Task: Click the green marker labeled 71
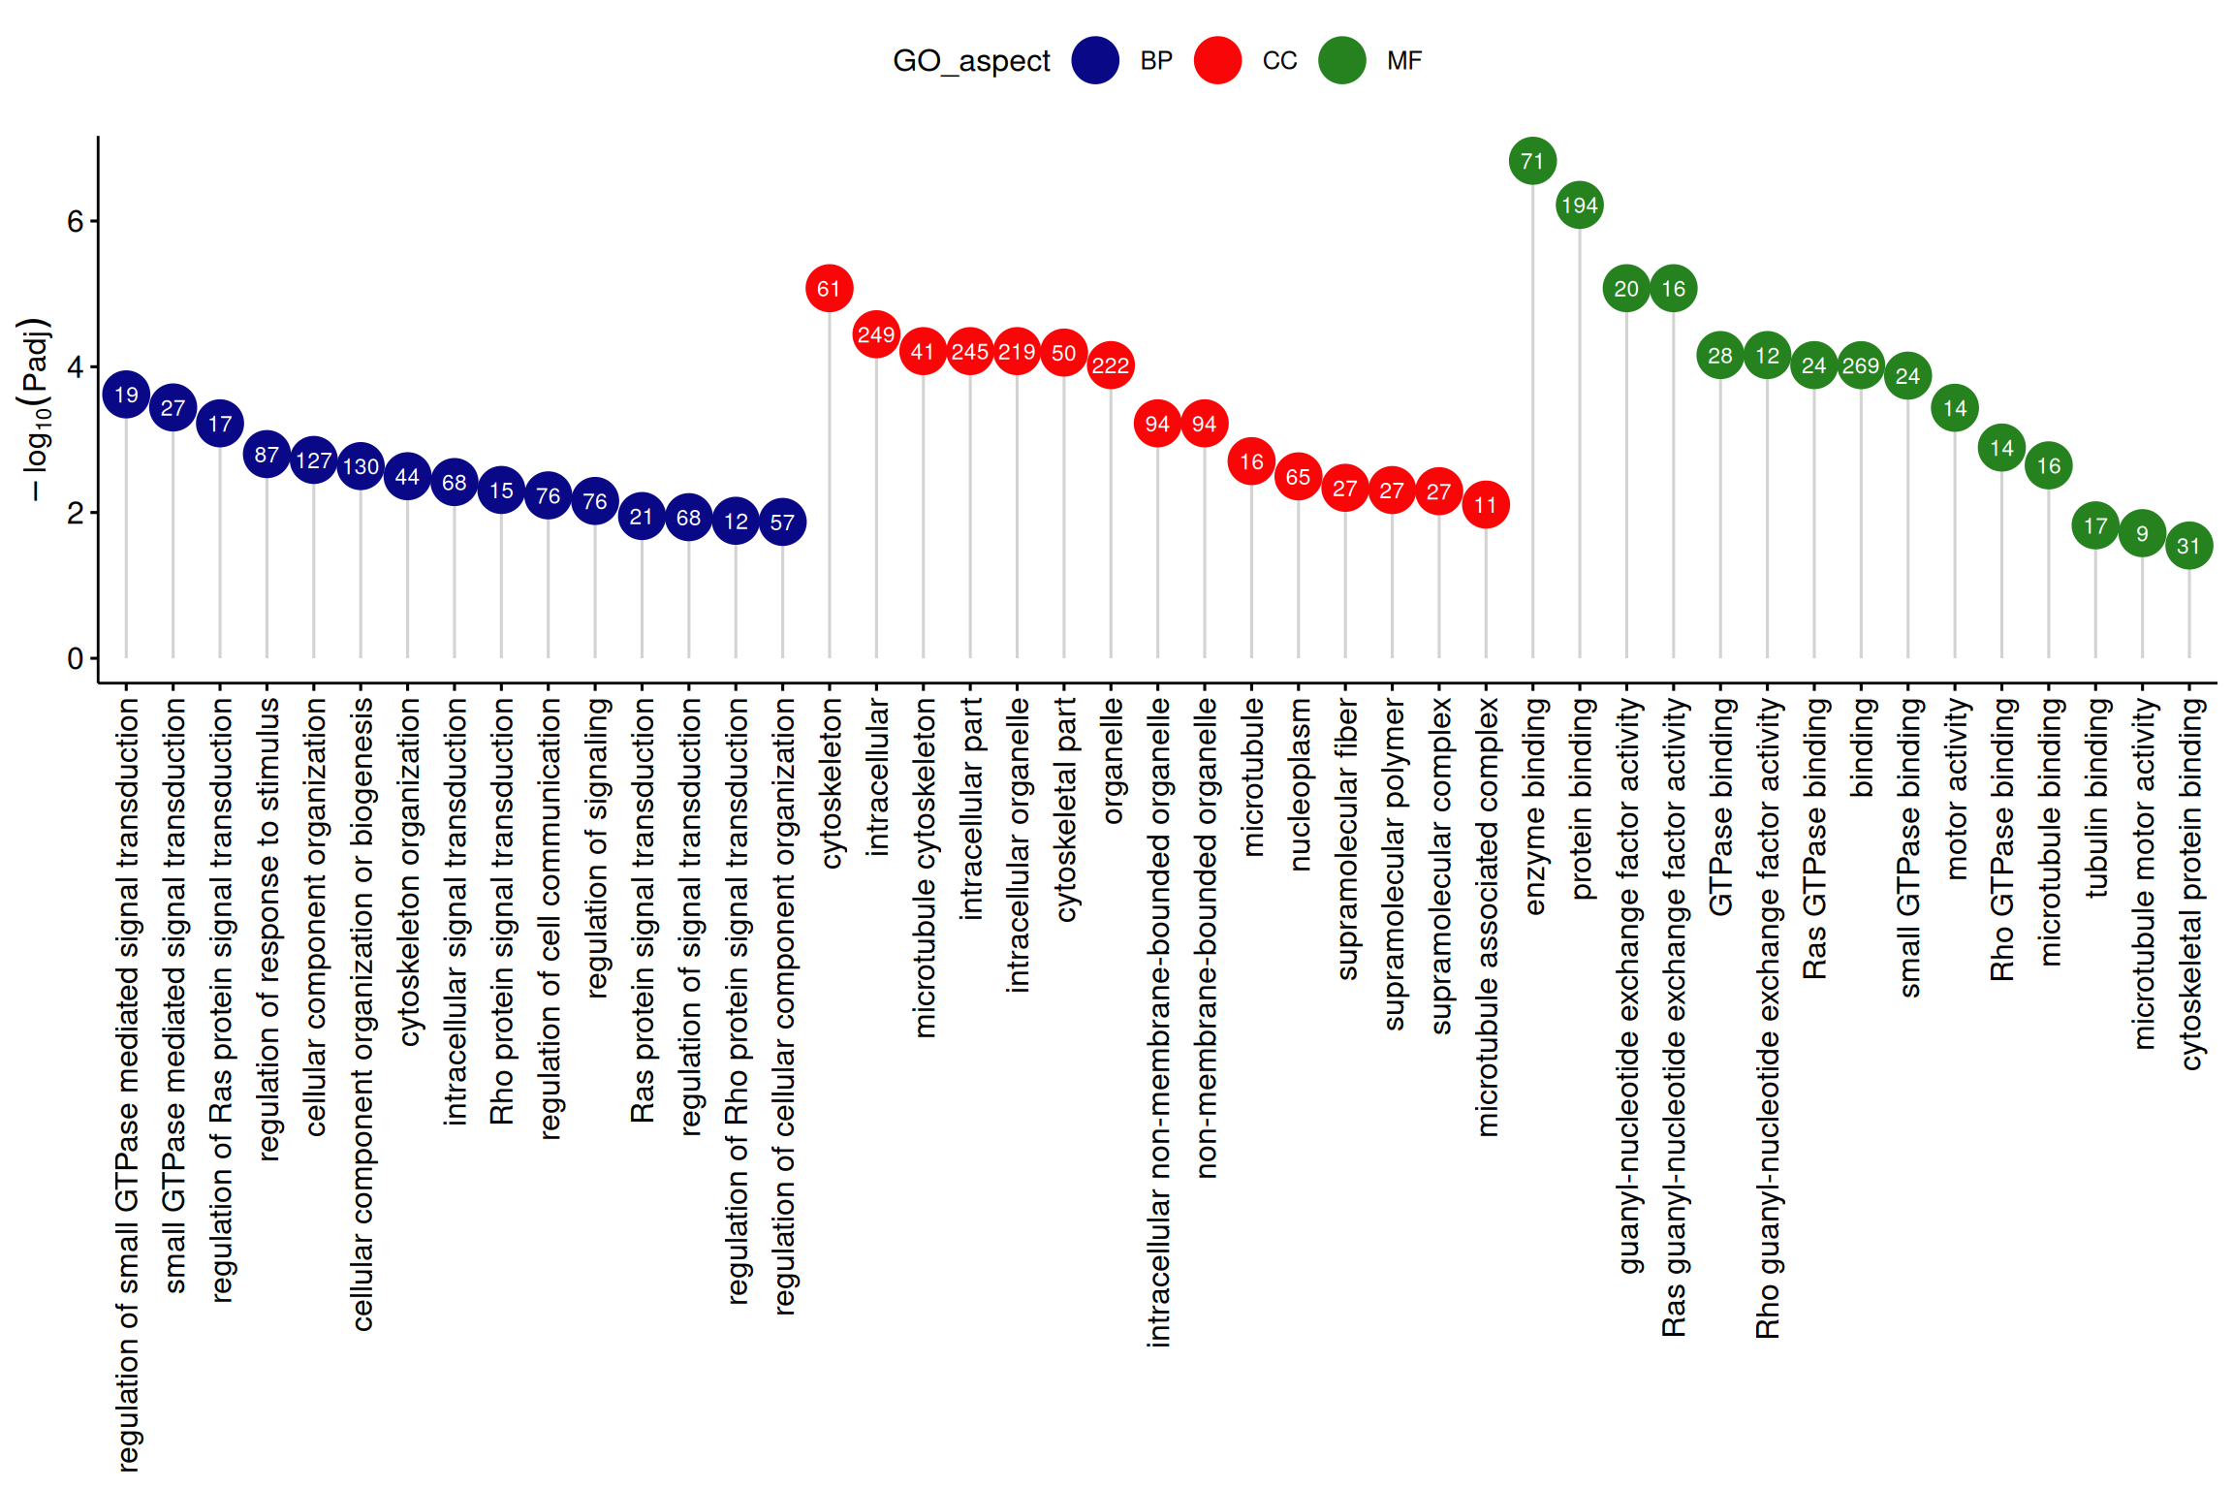[x=1532, y=161]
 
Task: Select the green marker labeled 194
[x=1580, y=206]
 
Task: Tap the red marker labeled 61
[x=829, y=289]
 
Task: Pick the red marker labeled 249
[x=876, y=334]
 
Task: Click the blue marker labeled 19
[x=126, y=395]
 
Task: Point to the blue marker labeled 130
[x=361, y=466]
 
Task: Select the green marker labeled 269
[x=1861, y=365]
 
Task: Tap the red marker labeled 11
[x=1486, y=505]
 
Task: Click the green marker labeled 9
[x=2142, y=533]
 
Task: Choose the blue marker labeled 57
[x=782, y=523]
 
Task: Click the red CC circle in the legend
[x=1217, y=60]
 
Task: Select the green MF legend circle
[x=1342, y=60]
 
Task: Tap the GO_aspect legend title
[x=971, y=60]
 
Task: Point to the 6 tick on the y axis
[x=76, y=221]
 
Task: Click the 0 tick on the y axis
[x=76, y=659]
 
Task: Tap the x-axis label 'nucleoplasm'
[x=1299, y=785]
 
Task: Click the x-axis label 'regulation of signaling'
[x=596, y=847]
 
